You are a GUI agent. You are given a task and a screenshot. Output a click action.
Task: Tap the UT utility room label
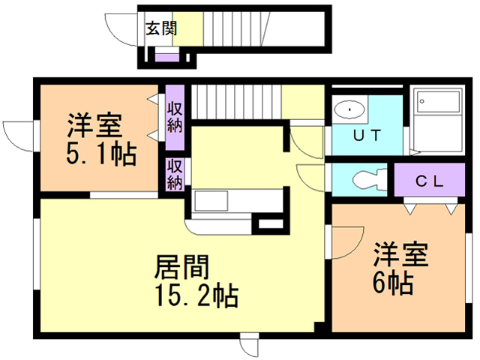point(367,136)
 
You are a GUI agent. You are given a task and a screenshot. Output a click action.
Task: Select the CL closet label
point(430,181)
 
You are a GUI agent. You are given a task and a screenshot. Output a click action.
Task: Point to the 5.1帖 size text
point(101,154)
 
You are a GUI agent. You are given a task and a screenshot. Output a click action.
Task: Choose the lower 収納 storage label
point(175,174)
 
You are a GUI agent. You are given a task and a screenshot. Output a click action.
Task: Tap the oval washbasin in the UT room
point(349,111)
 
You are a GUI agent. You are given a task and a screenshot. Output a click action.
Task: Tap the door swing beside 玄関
point(120,30)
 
